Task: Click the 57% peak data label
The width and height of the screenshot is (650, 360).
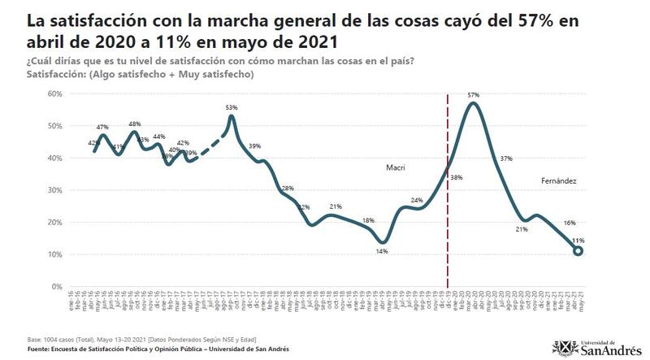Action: click(473, 95)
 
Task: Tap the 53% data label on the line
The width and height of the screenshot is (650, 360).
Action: click(232, 107)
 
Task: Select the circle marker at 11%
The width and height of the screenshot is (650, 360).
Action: click(578, 251)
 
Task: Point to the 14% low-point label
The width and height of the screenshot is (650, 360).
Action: click(381, 252)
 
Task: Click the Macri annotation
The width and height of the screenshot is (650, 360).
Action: click(395, 168)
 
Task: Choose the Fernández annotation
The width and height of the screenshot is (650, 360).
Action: click(559, 180)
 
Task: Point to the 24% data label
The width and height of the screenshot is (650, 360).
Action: click(417, 200)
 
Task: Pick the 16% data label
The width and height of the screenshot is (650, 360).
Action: click(570, 223)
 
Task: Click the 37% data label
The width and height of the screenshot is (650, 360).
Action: click(506, 158)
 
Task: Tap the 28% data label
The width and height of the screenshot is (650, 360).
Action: click(288, 189)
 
